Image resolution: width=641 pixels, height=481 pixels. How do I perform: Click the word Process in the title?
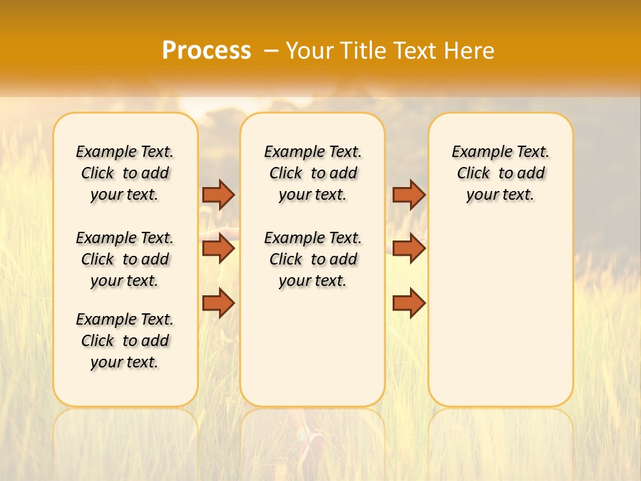pyautogui.click(x=206, y=51)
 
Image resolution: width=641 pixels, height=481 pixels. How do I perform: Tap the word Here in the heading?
pyautogui.click(x=470, y=51)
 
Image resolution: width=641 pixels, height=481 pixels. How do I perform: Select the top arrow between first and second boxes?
pyautogui.click(x=218, y=194)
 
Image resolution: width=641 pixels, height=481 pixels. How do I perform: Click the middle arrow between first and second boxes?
pyautogui.click(x=218, y=249)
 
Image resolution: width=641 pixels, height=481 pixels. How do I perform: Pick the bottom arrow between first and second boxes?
pyautogui.click(x=218, y=303)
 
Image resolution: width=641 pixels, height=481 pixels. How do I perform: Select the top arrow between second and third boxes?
pyautogui.click(x=409, y=194)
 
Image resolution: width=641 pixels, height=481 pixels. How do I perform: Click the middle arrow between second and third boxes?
pyautogui.click(x=409, y=249)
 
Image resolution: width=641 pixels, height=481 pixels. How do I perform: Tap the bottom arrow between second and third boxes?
pyautogui.click(x=409, y=303)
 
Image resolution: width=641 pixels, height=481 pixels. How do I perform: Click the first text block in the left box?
pyautogui.click(x=125, y=173)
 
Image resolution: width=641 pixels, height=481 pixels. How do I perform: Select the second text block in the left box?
pyautogui.click(x=125, y=259)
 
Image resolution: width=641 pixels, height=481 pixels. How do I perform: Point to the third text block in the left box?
pyautogui.click(x=125, y=341)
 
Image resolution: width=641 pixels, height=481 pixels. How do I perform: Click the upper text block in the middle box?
pyautogui.click(x=312, y=173)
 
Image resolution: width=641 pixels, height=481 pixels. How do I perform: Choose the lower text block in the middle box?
pyautogui.click(x=312, y=259)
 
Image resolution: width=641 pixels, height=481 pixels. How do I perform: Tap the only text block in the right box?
pyautogui.click(x=500, y=173)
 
